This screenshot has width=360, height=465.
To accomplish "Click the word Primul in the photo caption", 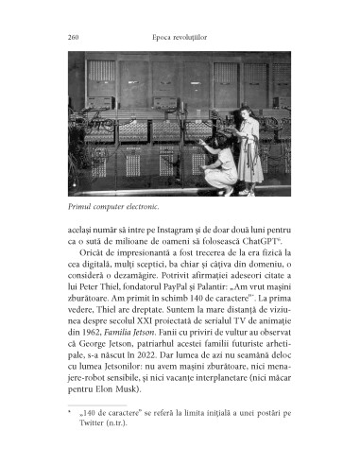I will click(82, 207).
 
